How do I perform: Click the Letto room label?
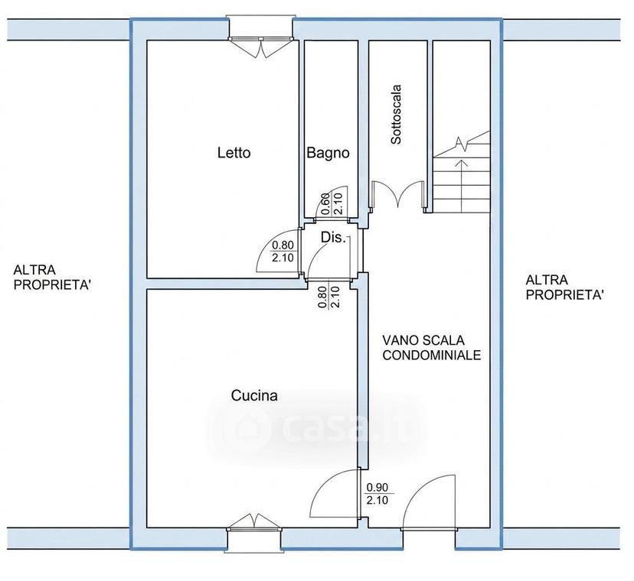coord(234,153)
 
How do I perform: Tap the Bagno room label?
coord(328,153)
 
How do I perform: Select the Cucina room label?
coord(254,395)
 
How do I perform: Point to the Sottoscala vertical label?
coord(397,114)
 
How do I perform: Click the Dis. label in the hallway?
coord(333,238)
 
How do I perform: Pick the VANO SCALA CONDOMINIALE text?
coord(432,348)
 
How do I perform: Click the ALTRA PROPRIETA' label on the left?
coord(52,277)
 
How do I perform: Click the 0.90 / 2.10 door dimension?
coord(377,494)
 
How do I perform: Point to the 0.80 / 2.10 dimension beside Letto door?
coord(283,252)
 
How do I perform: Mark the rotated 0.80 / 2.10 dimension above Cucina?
coord(328,297)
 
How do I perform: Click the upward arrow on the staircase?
coord(460,186)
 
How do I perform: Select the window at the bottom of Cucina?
coord(253,531)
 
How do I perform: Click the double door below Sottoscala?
coord(398,194)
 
